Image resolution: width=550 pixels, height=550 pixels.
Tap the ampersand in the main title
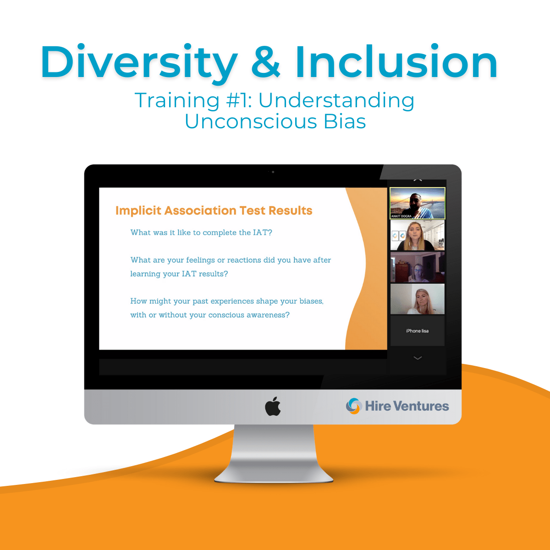[x=265, y=62]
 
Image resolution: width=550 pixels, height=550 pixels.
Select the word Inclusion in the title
[x=396, y=62]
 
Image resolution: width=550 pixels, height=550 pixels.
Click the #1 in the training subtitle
[x=239, y=100]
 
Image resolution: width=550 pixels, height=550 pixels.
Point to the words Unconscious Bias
[x=275, y=121]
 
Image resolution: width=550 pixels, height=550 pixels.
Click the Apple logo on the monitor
[x=273, y=407]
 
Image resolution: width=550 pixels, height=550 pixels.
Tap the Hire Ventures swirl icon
[x=353, y=406]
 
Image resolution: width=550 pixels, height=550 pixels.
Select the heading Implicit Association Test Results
[x=214, y=210]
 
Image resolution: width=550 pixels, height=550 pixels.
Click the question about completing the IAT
[x=201, y=232]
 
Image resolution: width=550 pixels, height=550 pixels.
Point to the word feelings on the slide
[x=200, y=260]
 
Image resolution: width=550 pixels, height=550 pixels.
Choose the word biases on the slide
[x=311, y=301]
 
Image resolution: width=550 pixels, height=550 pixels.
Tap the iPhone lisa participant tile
[x=417, y=330]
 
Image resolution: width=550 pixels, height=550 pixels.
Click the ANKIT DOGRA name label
[x=401, y=216]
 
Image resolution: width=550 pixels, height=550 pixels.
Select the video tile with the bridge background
[x=417, y=202]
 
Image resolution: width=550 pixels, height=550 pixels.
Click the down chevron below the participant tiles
[x=418, y=358]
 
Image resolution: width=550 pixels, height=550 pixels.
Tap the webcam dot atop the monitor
[x=273, y=172]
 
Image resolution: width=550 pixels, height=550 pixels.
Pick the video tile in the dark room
[x=417, y=267]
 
